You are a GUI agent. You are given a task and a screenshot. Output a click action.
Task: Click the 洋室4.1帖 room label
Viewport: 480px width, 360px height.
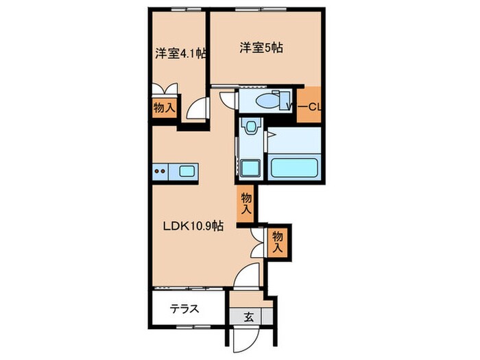tap(182, 53)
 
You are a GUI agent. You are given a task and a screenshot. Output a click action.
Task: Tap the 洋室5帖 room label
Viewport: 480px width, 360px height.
tap(262, 48)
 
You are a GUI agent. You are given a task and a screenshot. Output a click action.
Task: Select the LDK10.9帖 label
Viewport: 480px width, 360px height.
tap(192, 225)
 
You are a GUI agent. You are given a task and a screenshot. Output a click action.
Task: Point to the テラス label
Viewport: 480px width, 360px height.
tap(184, 309)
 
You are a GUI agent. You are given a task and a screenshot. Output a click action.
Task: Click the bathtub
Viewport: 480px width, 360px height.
tap(296, 167)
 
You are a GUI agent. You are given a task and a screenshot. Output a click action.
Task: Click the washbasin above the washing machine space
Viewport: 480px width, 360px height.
tap(252, 128)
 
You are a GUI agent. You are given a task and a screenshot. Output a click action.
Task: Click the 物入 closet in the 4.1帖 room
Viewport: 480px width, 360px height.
tap(164, 108)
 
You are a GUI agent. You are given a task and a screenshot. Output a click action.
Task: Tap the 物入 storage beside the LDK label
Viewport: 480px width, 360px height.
tap(246, 203)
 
